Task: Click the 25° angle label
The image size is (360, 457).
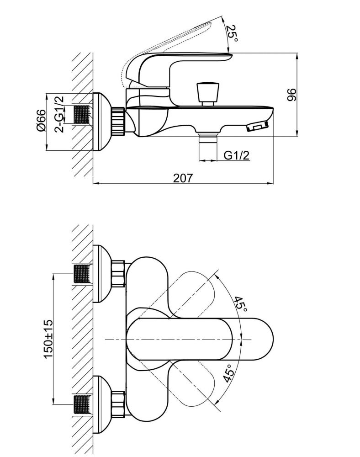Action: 232,33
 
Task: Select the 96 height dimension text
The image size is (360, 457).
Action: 291,95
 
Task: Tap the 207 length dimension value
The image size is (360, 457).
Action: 183,178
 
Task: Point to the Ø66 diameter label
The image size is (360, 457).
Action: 41,120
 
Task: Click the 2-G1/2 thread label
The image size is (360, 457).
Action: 59,114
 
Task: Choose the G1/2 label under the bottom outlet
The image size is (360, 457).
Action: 237,155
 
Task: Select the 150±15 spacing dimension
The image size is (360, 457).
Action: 48,339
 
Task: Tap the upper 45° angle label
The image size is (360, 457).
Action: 241,304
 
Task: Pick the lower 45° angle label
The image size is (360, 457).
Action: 229,373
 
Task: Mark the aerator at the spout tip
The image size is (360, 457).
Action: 258,126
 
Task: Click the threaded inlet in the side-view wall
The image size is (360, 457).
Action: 82,115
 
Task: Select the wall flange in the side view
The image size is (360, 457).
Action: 102,122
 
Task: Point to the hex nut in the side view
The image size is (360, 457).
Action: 118,120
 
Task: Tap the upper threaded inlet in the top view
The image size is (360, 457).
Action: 82,274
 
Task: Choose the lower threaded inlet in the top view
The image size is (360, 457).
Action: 82,404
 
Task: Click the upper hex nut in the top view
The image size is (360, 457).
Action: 118,274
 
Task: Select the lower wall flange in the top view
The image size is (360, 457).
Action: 102,404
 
